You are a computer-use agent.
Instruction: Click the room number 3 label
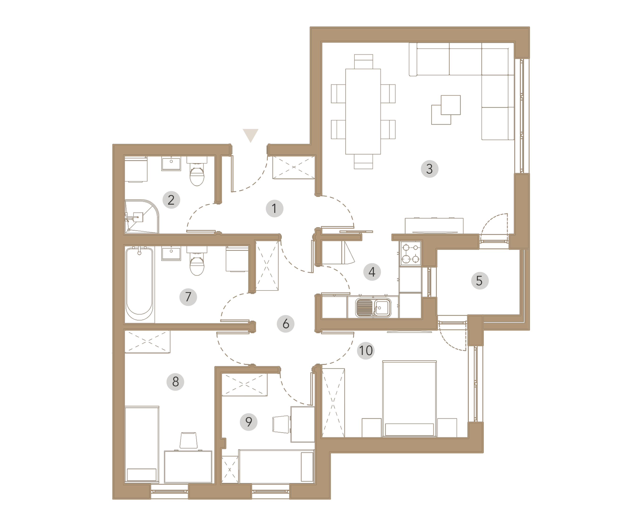click(429, 169)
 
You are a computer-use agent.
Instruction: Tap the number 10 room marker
click(366, 351)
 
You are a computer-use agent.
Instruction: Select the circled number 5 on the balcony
click(479, 281)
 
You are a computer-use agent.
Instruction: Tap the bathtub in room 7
click(139, 284)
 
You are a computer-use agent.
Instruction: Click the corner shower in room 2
click(142, 216)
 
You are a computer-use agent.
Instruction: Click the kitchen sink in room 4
click(373, 308)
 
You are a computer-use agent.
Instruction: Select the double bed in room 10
click(409, 399)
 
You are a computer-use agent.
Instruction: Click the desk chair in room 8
click(188, 440)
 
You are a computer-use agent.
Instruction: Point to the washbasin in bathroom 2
click(171, 164)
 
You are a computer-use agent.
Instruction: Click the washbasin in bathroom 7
click(171, 253)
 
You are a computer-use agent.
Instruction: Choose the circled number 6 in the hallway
click(286, 324)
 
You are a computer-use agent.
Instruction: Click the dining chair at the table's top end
click(363, 62)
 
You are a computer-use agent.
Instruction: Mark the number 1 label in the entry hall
click(274, 208)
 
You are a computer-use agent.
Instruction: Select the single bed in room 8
click(142, 444)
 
